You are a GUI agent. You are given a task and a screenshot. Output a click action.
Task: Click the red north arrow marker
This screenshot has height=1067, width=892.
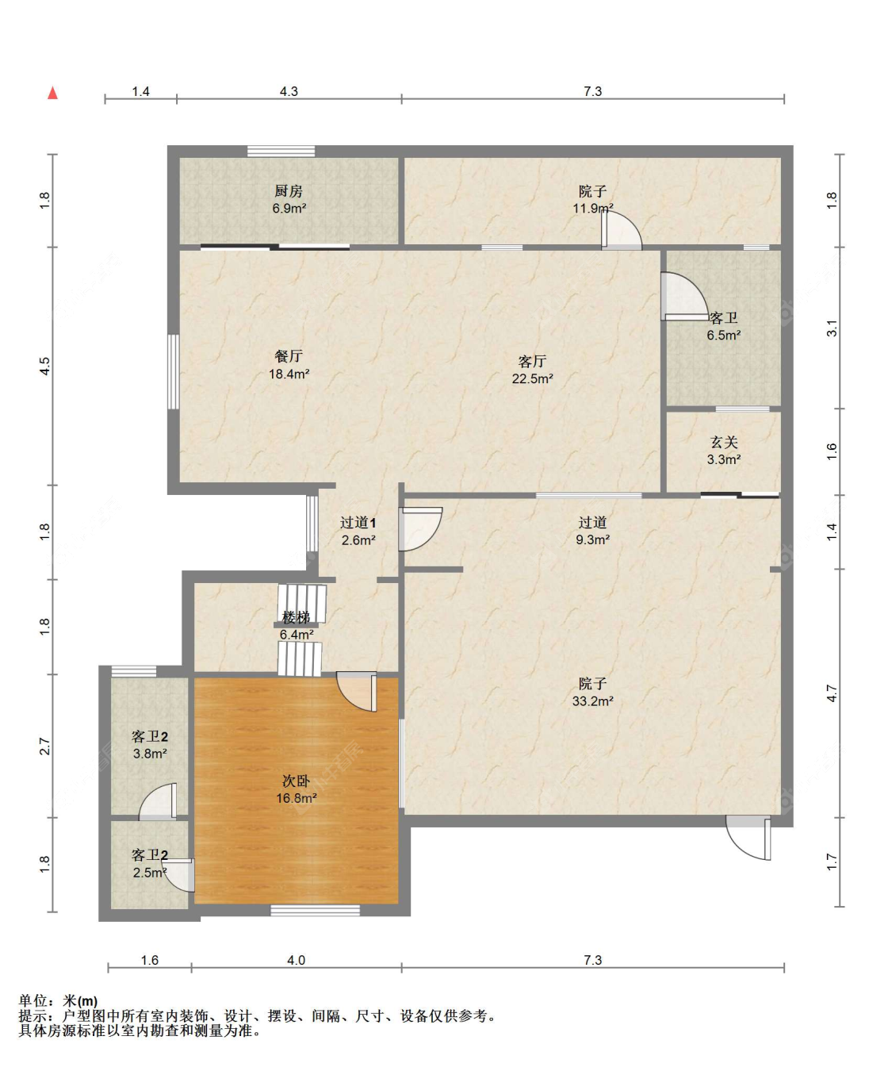(52, 93)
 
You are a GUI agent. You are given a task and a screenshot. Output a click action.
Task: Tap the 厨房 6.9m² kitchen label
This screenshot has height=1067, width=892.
(289, 199)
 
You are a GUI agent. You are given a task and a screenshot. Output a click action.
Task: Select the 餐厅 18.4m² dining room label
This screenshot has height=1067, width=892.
(289, 364)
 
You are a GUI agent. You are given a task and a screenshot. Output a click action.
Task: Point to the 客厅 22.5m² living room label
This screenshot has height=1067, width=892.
(532, 370)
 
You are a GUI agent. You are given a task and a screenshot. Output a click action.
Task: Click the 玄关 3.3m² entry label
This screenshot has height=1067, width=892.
(724, 451)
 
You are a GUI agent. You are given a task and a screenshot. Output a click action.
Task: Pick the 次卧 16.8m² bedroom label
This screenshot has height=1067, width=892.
(297, 789)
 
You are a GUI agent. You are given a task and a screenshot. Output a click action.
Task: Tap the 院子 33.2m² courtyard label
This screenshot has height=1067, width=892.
(592, 692)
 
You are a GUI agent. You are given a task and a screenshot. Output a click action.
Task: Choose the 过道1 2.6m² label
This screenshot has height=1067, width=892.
(358, 531)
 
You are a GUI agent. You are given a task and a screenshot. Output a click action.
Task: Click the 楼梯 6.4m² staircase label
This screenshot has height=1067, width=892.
(297, 626)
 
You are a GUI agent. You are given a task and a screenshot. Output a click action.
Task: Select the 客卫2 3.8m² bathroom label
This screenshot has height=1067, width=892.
(150, 745)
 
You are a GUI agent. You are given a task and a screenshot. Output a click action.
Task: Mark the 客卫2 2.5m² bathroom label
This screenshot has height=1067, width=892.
(150, 863)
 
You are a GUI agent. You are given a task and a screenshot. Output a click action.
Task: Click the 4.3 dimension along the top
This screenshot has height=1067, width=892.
(289, 91)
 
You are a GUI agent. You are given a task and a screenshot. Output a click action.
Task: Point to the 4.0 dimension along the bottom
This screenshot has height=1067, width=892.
(296, 960)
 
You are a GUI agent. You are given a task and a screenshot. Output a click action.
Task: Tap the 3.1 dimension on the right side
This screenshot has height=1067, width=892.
(832, 328)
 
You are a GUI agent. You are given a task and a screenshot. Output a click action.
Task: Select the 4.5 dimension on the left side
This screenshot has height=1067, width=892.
(45, 366)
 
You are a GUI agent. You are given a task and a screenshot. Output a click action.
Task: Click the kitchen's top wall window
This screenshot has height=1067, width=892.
(281, 152)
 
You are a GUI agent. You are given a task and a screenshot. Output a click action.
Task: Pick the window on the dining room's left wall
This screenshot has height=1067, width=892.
(174, 371)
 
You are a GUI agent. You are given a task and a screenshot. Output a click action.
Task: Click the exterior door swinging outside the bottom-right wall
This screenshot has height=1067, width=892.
(748, 838)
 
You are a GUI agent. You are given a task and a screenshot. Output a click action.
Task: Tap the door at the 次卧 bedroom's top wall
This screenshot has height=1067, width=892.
(357, 691)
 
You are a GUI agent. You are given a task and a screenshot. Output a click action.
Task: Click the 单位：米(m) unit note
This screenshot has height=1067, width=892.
(58, 1001)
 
